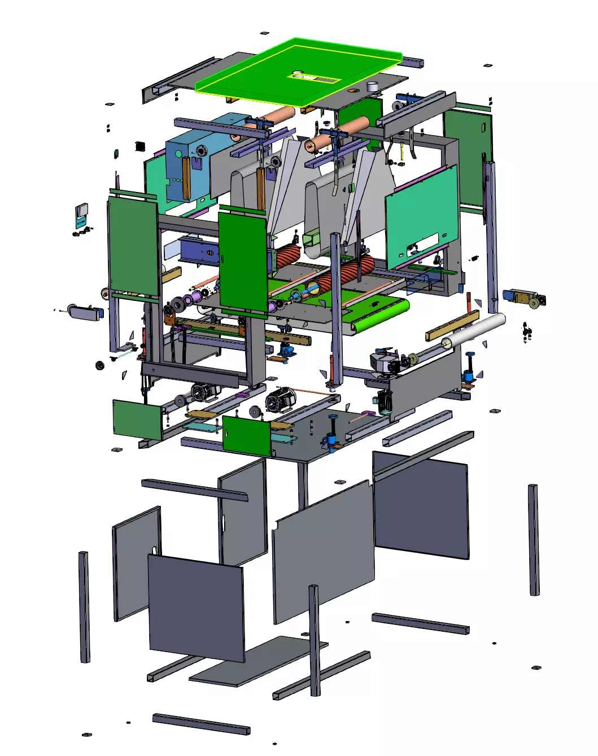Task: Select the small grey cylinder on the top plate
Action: [x=372, y=86]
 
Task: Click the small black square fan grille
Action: [x=141, y=146]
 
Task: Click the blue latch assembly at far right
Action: [x=522, y=297]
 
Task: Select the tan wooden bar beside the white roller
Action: [x=452, y=326]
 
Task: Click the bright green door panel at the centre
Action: [x=243, y=260]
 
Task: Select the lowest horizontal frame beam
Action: [x=200, y=724]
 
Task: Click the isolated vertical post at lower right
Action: [x=534, y=539]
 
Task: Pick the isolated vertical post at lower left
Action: [x=84, y=607]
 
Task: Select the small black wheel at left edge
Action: [x=100, y=365]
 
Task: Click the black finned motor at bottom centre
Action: [x=281, y=398]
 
